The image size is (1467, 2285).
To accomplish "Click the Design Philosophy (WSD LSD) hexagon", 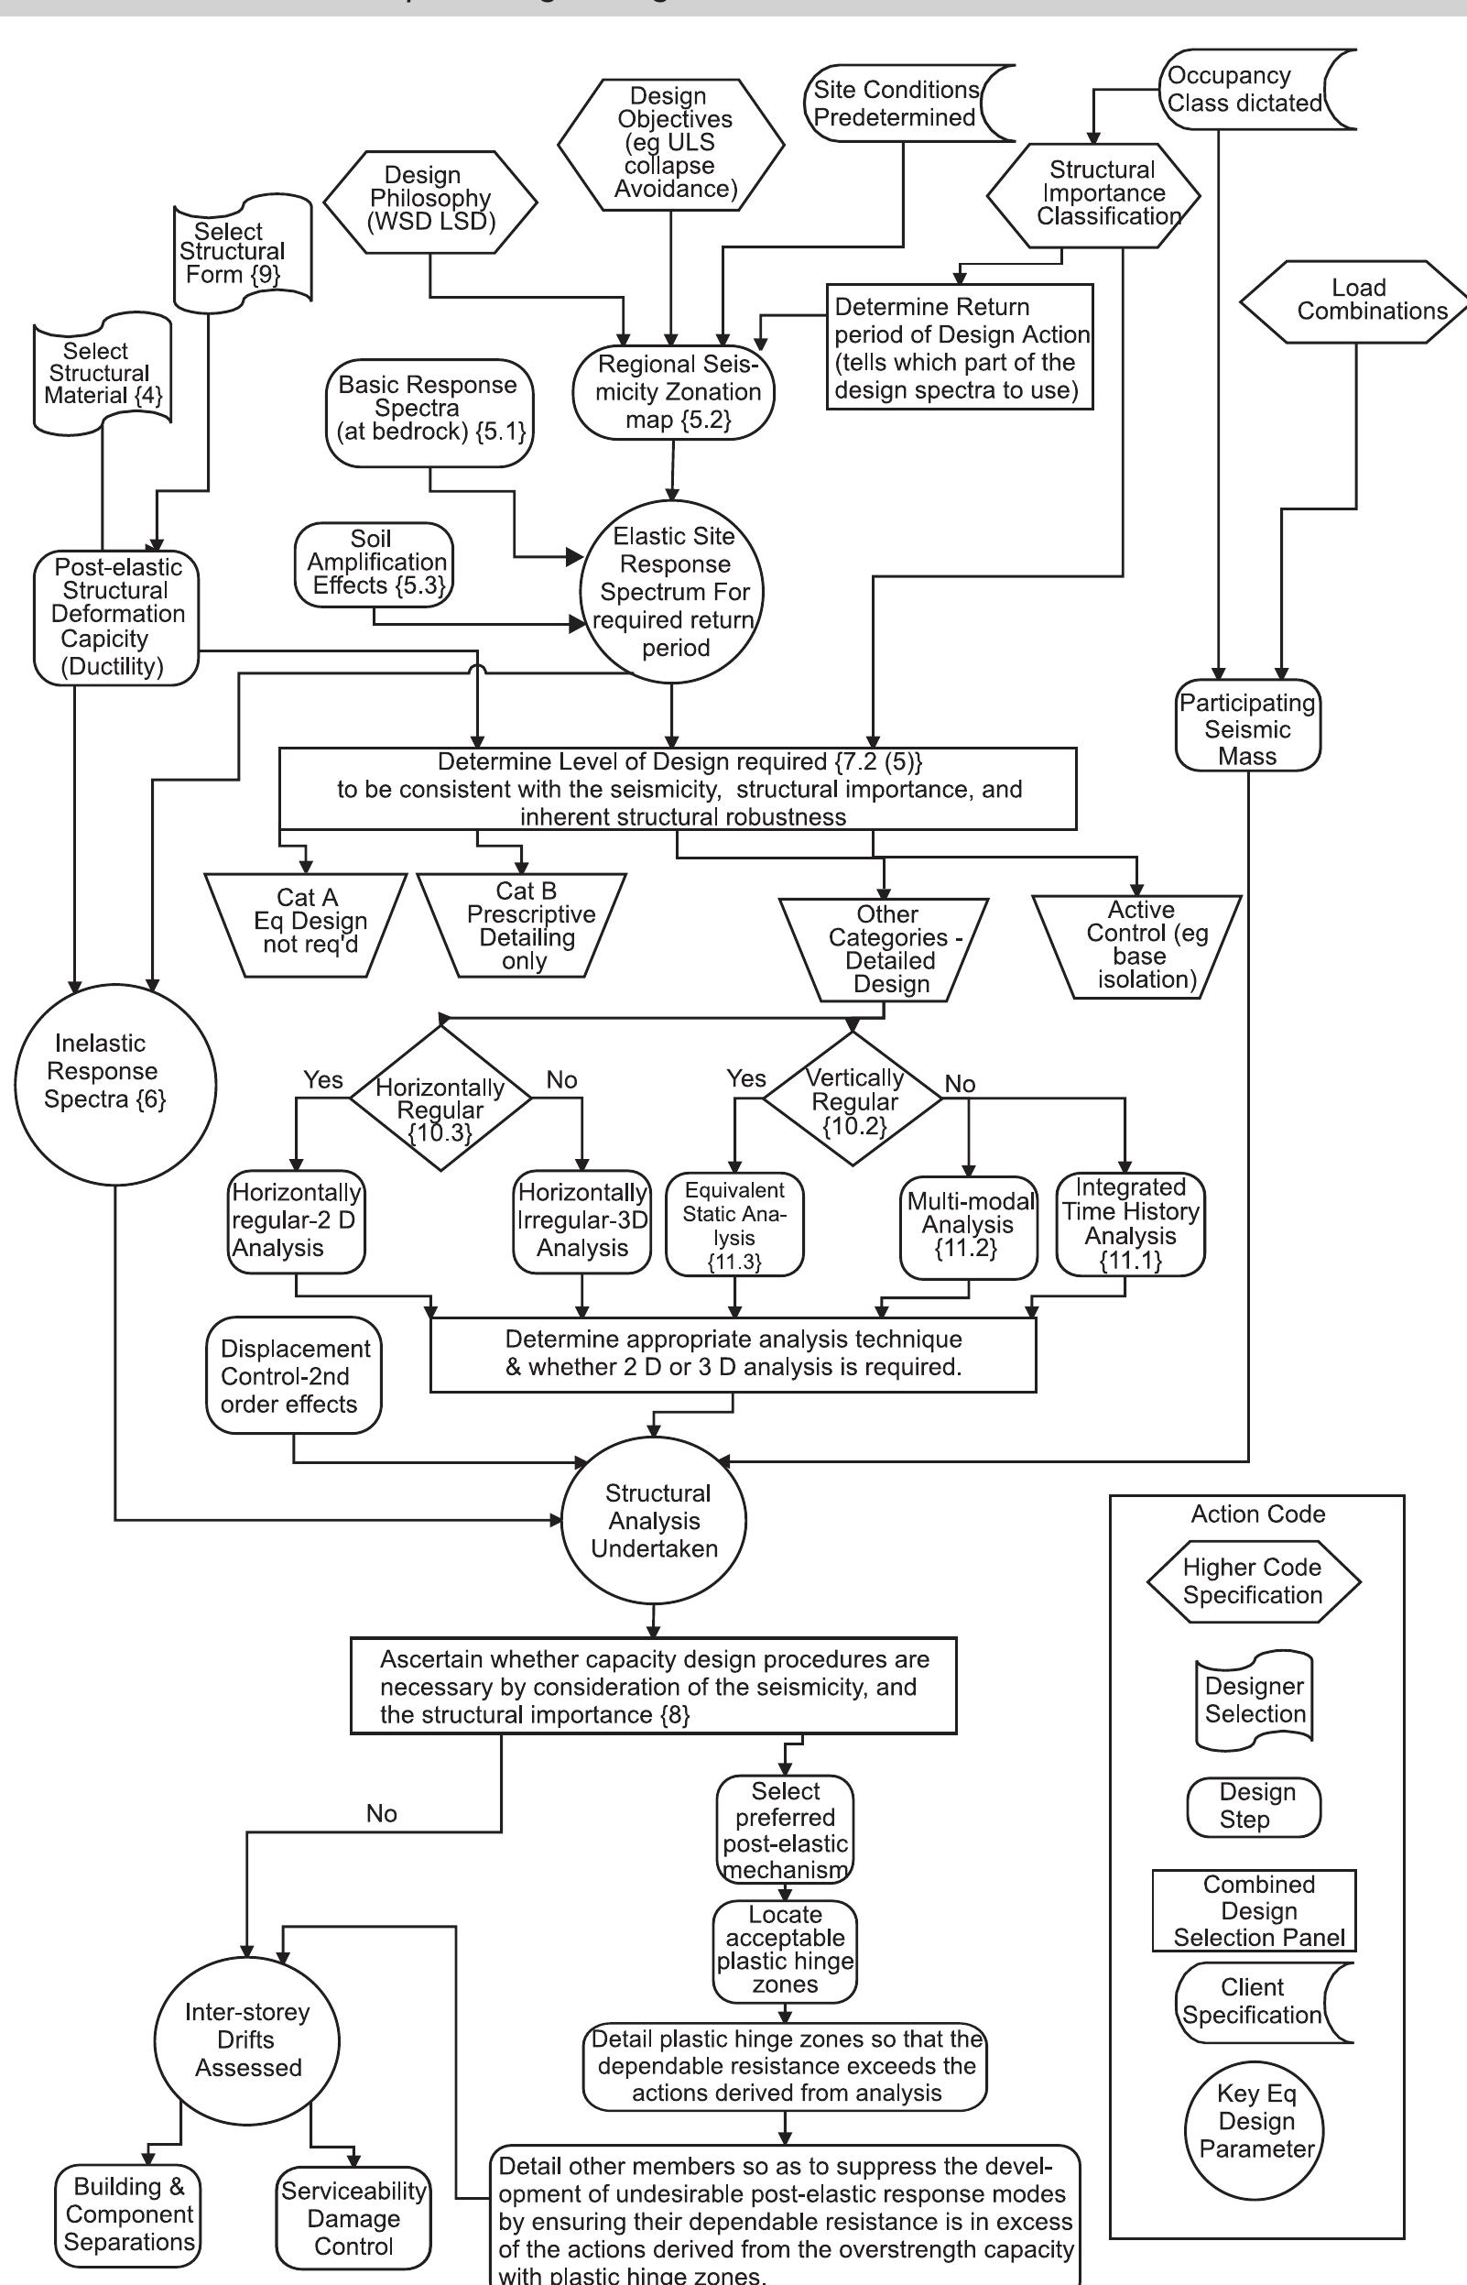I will [x=430, y=200].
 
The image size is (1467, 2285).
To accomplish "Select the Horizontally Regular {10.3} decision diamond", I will [x=440, y=1099].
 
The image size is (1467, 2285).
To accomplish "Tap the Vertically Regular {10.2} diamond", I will [x=853, y=1099].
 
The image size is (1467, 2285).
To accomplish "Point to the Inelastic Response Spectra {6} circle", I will [x=114, y=1084].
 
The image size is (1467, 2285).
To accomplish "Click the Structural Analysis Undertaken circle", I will [x=654, y=1520].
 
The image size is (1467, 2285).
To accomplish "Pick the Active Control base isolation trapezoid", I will [x=1138, y=946].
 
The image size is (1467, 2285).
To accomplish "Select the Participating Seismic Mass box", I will [x=1247, y=727].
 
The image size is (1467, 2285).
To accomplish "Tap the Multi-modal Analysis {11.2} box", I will [x=968, y=1225].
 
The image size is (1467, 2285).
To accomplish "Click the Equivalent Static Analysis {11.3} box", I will [x=734, y=1225].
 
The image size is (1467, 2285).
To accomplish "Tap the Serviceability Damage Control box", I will [x=353, y=2218].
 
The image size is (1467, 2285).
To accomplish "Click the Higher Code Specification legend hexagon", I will [x=1253, y=1581].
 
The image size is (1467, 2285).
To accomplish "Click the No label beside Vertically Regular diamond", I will [x=961, y=1084].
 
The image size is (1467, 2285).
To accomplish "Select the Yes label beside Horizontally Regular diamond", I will [x=323, y=1078].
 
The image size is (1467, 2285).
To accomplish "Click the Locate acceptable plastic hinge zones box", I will [x=785, y=1951].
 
